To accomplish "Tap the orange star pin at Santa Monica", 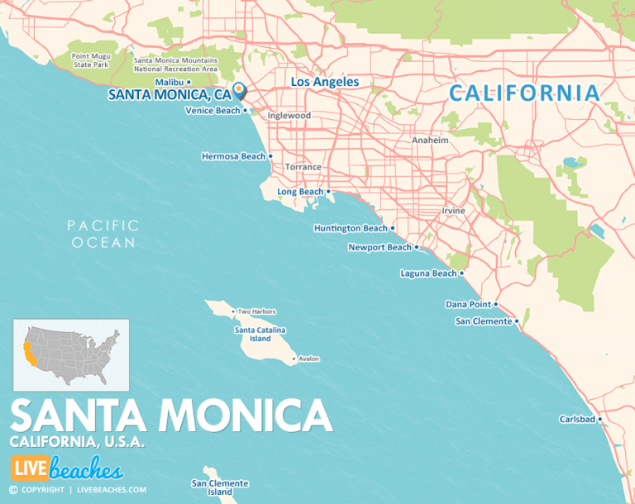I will click(239, 89).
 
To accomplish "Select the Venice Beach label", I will click(212, 111).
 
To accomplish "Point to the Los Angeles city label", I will click(325, 82).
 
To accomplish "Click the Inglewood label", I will click(289, 116).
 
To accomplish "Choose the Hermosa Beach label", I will click(233, 156).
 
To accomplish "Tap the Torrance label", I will click(303, 167).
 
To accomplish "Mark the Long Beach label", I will click(300, 192).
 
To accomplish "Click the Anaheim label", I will click(430, 140).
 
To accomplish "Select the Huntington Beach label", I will click(350, 228).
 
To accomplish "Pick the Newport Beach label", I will click(380, 247).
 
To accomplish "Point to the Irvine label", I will click(452, 211).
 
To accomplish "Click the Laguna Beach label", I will click(427, 273).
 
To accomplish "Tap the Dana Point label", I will click(468, 304).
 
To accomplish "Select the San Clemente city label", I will click(483, 321).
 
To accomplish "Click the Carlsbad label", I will click(576, 420).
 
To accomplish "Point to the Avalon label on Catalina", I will click(308, 359).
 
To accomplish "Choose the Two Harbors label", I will click(256, 311).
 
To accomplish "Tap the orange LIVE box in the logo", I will click(29, 469).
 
